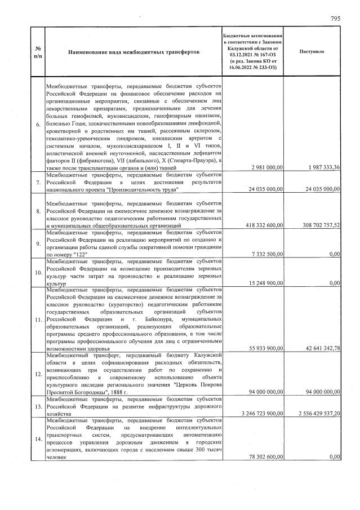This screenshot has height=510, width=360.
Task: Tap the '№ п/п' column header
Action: pyautogui.click(x=37, y=51)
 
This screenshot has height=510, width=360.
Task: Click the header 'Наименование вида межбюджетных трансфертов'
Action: pyautogui.click(x=133, y=51)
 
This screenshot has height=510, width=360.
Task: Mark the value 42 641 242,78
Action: pyautogui.click(x=318, y=348)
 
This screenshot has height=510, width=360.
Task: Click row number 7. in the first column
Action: pyautogui.click(x=38, y=183)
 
